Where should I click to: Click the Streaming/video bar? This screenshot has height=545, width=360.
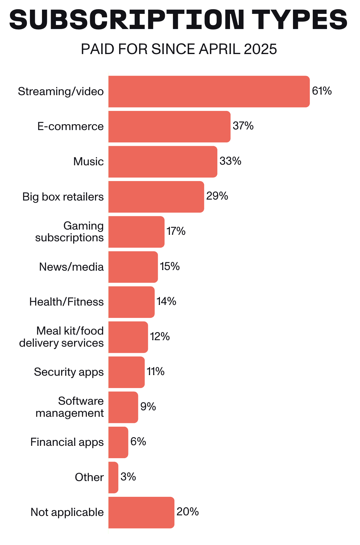tap(209, 91)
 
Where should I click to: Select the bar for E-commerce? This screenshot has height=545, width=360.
tap(169, 127)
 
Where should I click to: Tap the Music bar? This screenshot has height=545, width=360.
tap(163, 162)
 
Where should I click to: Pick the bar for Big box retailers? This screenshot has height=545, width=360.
tap(156, 197)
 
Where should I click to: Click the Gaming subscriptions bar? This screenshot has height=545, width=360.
tap(136, 232)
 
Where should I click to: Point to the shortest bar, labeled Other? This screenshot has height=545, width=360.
tap(113, 477)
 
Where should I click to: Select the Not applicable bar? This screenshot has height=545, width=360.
tap(141, 513)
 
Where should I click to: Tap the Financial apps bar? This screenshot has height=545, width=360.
tap(118, 442)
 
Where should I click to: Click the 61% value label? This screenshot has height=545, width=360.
tap(322, 91)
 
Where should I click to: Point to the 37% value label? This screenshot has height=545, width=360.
tap(243, 126)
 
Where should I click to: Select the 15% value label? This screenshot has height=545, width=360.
tap(170, 266)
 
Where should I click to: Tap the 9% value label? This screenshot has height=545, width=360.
tap(148, 407)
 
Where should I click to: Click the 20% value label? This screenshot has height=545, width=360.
tap(187, 512)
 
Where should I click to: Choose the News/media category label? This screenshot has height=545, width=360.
tap(71, 267)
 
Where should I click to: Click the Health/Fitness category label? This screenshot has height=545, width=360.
tap(66, 302)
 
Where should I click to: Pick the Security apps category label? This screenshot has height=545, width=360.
tap(69, 372)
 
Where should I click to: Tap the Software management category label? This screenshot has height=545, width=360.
tap(70, 407)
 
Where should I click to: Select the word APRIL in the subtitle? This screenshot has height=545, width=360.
tap(219, 49)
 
